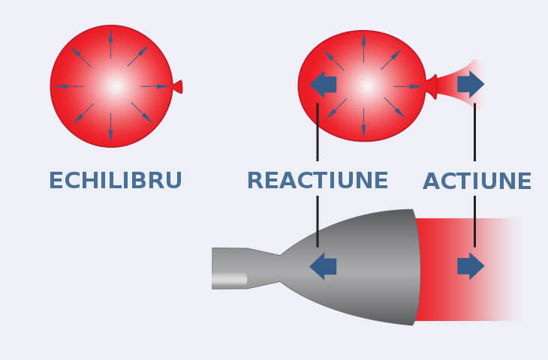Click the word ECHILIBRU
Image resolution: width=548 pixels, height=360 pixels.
[116, 181]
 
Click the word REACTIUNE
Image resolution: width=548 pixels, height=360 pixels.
[318, 181]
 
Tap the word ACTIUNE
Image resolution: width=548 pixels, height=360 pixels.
[477, 181]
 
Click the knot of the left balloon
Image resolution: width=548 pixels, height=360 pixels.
[177, 87]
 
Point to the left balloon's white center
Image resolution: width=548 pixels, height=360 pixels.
[114, 86]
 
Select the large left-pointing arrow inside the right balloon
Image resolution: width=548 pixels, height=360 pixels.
[323, 84]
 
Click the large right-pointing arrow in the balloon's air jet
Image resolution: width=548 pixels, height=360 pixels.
[471, 84]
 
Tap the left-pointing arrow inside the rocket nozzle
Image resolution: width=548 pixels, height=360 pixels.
[323, 266]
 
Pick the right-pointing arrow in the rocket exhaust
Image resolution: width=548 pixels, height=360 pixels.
[471, 266]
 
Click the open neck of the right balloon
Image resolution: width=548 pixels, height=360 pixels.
[432, 86]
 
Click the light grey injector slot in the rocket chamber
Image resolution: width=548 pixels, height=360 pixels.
[229, 280]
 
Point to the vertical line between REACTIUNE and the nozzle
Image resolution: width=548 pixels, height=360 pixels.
[318, 221]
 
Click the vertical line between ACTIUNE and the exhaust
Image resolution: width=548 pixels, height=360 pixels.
[474, 221]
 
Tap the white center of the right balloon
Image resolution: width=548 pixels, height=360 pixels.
[366, 85]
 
